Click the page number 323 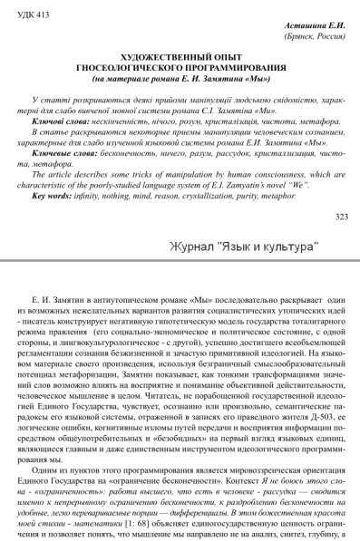point(341,217)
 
